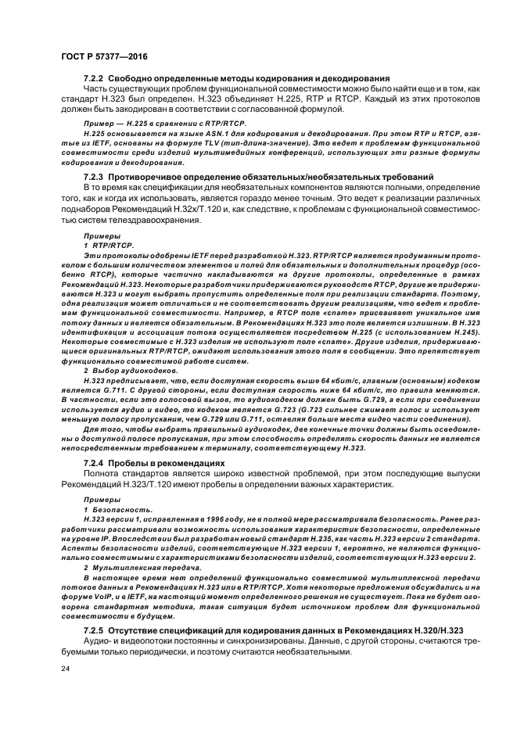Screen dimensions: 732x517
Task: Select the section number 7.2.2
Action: click(x=94, y=79)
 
